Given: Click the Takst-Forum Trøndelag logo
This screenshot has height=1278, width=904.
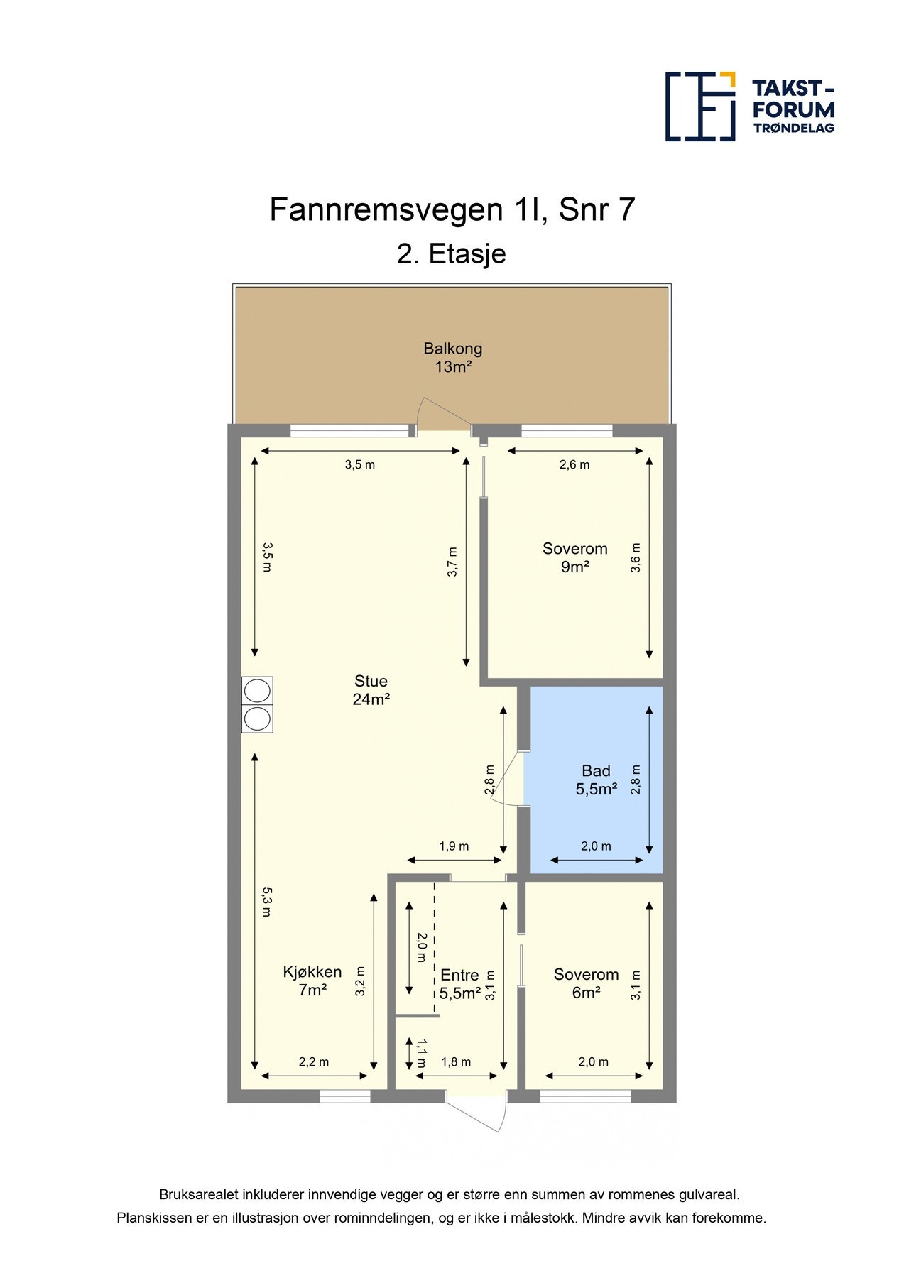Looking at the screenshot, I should (x=749, y=106).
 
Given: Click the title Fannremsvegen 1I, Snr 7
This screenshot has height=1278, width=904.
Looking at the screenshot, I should (x=452, y=209).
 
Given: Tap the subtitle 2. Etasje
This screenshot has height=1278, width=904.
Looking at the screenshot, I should (x=451, y=253).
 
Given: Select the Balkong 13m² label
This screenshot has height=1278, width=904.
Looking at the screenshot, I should (x=453, y=357).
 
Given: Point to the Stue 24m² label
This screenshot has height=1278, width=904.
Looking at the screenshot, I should (x=371, y=690).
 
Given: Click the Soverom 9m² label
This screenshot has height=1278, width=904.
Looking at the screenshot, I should (x=574, y=557).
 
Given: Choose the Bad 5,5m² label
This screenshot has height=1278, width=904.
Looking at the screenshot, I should (x=596, y=780).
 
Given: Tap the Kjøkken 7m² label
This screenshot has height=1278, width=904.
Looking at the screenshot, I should (x=312, y=981).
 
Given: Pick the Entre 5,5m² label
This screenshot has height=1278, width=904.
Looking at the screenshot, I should (x=459, y=984).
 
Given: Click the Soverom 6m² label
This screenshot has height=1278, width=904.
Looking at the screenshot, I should (x=586, y=983).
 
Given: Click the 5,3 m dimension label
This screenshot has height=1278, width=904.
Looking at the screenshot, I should (x=266, y=901).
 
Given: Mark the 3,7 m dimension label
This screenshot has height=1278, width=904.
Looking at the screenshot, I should (x=452, y=562).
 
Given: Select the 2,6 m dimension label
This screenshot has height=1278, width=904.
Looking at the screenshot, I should (x=574, y=465).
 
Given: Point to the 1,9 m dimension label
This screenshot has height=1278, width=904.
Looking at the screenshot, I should (x=454, y=846).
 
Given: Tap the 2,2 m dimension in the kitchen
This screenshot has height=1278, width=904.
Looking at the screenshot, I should (x=313, y=1062).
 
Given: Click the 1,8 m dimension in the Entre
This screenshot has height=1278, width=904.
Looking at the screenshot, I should (x=456, y=1062).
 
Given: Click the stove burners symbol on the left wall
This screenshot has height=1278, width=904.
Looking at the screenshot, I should (x=257, y=705).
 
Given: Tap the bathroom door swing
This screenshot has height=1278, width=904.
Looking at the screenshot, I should (x=507, y=779).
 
